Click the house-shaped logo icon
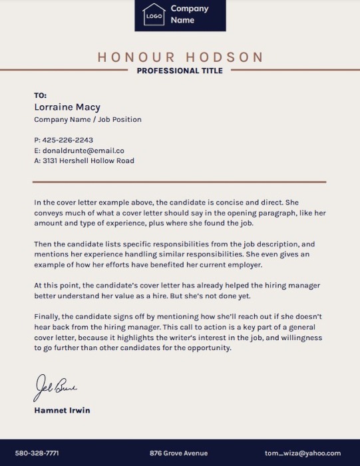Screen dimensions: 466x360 pyautogui.click(x=154, y=14)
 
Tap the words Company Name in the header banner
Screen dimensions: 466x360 pyautogui.click(x=189, y=14)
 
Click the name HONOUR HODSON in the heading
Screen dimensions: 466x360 pyautogui.click(x=180, y=57)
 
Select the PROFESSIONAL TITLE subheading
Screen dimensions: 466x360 pyautogui.click(x=180, y=71)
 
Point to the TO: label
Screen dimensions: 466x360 pyautogui.click(x=40, y=96)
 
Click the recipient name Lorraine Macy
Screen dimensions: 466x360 pyautogui.click(x=67, y=107)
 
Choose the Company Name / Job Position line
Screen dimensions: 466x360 pyautogui.click(x=87, y=120)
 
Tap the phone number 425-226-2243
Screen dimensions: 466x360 pyautogui.click(x=67, y=140)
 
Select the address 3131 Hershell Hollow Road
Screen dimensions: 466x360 pyautogui.click(x=88, y=160)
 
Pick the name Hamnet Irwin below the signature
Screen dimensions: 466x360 pyautogui.click(x=62, y=410)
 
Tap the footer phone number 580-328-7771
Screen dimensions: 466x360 pyautogui.click(x=37, y=453)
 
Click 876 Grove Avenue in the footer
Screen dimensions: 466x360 pyautogui.click(x=178, y=453)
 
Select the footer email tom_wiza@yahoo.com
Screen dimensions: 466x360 pyautogui.click(x=311, y=453)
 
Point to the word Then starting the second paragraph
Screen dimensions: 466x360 pyautogui.click(x=43, y=244)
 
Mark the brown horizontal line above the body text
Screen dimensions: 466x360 pyautogui.click(x=179, y=181)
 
